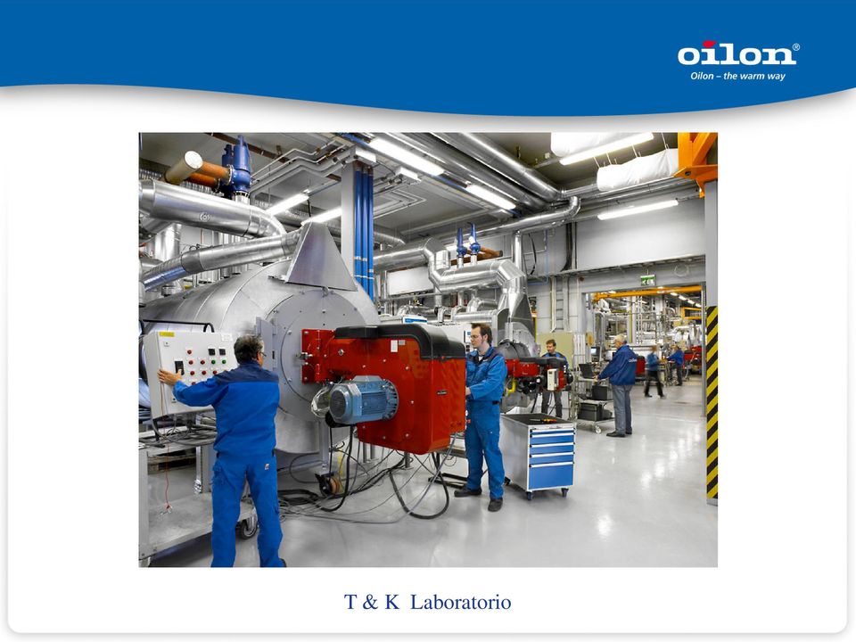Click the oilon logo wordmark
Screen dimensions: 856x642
pyautogui.click(x=737, y=53)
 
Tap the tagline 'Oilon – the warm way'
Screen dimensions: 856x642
pyautogui.click(x=737, y=76)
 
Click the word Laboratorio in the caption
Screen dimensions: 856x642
pyautogui.click(x=460, y=602)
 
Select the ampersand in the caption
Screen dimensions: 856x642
pyautogui.click(x=369, y=602)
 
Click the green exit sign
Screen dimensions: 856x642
pyautogui.click(x=647, y=281)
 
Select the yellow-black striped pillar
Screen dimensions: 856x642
pyautogui.click(x=712, y=403)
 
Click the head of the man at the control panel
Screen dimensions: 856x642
pyautogui.click(x=249, y=350)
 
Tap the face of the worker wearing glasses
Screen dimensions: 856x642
pyautogui.click(x=478, y=337)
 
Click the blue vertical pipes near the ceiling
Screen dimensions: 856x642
pyautogui.click(x=364, y=229)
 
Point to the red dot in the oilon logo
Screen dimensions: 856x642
pyautogui.click(x=709, y=44)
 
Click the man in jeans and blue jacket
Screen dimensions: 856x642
pyautogui.click(x=620, y=385)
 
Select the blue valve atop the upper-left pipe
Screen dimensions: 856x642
pyautogui.click(x=239, y=167)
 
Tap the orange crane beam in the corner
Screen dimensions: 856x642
pyautogui.click(x=696, y=161)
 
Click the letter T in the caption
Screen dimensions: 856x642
pyautogui.click(x=350, y=602)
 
